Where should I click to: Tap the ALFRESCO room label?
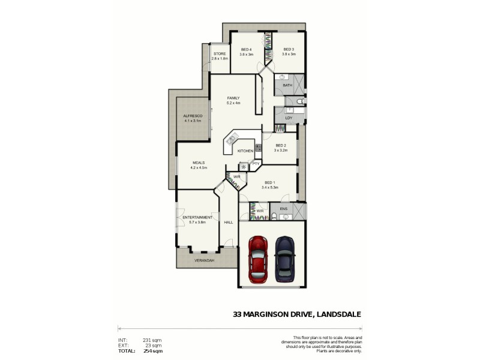(x=193, y=115)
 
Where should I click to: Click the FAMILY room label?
(x=233, y=98)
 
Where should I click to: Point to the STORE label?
(x=220, y=53)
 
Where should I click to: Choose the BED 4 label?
(x=247, y=49)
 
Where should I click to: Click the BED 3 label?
(x=289, y=49)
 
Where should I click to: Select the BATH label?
(x=287, y=85)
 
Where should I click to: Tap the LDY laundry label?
(x=289, y=118)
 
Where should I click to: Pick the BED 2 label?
(x=281, y=145)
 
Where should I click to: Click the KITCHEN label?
(x=245, y=151)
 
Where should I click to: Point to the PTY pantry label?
(x=256, y=163)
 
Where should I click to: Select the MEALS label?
(x=199, y=163)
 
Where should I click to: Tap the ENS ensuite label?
(x=284, y=208)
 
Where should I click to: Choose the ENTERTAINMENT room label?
(x=197, y=217)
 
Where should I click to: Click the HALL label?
(x=229, y=222)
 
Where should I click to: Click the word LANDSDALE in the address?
(x=335, y=313)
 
